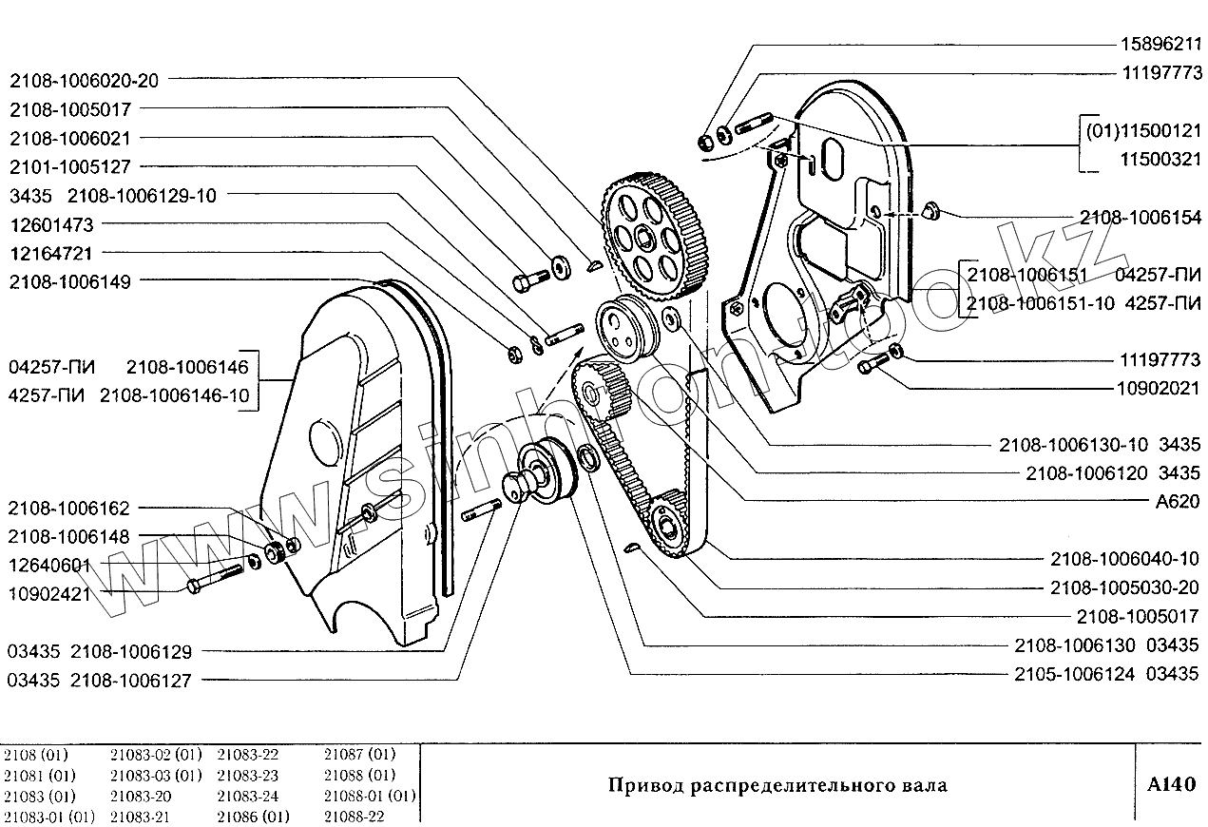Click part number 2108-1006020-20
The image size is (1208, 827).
pyautogui.click(x=85, y=81)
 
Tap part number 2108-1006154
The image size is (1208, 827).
pyautogui.click(x=1141, y=216)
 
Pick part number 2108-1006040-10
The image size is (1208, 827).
pyautogui.click(x=1126, y=559)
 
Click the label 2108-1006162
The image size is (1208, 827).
pyautogui.click(x=68, y=509)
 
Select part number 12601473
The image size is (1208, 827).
pyautogui.click(x=53, y=224)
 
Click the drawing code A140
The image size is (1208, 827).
pyautogui.click(x=1171, y=784)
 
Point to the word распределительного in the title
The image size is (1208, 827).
pyautogui.click(x=790, y=786)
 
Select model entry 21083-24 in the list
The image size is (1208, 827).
pyautogui.click(x=248, y=796)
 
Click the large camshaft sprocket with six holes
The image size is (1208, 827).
pyautogui.click(x=646, y=234)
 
